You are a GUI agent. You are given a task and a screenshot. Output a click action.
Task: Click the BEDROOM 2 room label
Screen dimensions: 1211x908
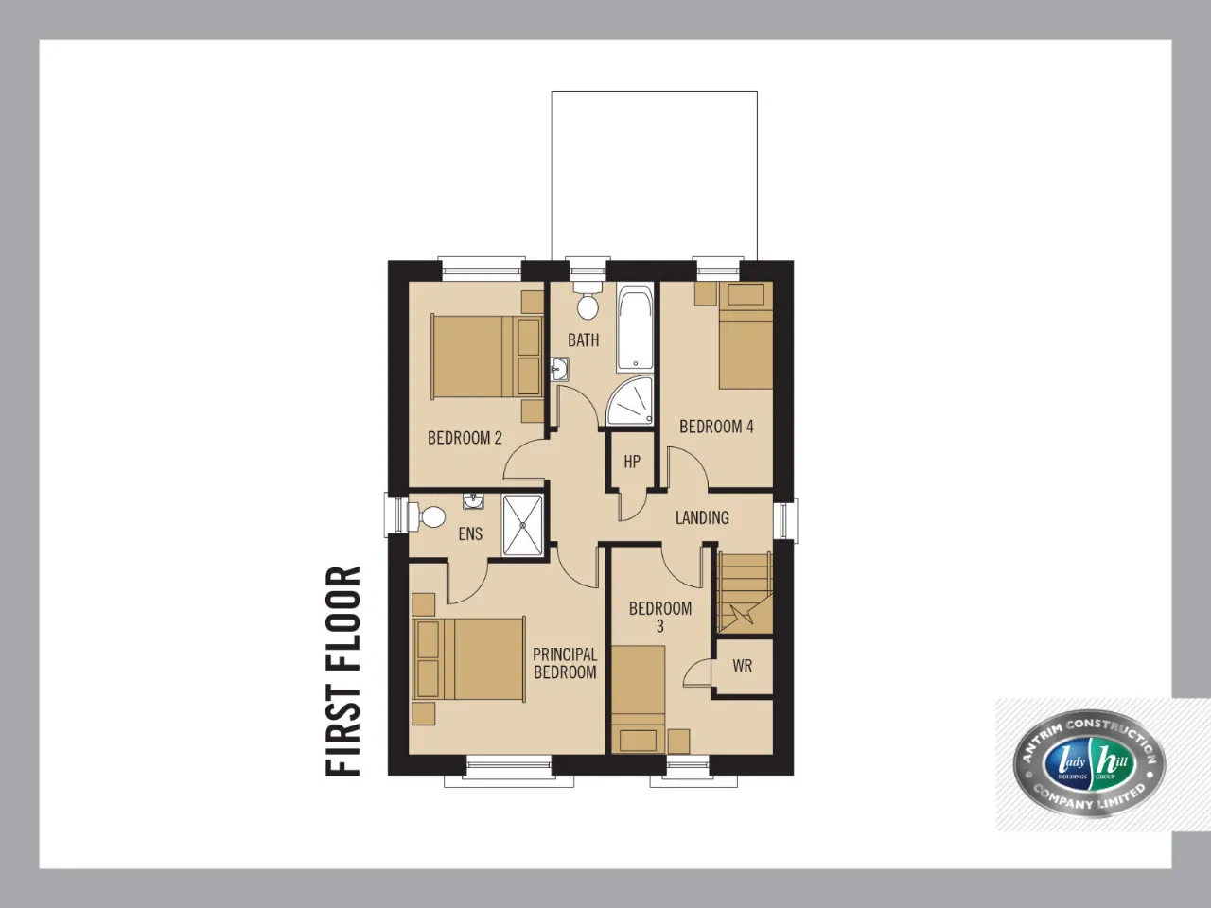(x=465, y=438)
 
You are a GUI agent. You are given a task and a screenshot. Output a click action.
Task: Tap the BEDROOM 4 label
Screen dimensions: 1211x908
(x=716, y=427)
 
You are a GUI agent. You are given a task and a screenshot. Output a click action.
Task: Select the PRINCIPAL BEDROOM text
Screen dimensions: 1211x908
(x=565, y=663)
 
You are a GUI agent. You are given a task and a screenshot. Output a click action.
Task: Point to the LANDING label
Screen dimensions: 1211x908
(x=702, y=517)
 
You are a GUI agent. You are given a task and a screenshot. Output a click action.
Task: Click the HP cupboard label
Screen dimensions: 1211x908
(x=632, y=462)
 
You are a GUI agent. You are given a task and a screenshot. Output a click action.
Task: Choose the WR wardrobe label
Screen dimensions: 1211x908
(x=742, y=666)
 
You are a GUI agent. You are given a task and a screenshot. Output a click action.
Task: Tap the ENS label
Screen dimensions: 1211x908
(x=470, y=533)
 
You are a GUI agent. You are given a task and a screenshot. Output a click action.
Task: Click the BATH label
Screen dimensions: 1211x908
(x=583, y=340)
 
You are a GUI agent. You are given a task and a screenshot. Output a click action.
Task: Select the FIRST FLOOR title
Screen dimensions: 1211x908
(x=342, y=671)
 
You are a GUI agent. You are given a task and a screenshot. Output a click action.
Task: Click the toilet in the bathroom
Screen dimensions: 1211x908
(x=587, y=301)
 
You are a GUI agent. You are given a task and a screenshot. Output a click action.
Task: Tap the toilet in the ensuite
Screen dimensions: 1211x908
(x=427, y=517)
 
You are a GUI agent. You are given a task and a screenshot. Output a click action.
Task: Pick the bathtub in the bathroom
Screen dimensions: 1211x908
(x=635, y=327)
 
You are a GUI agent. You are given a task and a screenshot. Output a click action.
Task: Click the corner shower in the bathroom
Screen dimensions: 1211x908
(x=631, y=401)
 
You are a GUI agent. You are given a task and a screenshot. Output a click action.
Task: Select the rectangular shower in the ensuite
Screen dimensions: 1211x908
(x=522, y=525)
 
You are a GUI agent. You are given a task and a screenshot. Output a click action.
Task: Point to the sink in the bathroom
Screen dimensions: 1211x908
(x=560, y=369)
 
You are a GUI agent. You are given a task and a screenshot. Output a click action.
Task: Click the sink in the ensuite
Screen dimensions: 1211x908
(x=473, y=500)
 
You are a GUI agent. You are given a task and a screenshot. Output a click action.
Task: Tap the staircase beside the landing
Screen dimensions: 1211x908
(x=745, y=593)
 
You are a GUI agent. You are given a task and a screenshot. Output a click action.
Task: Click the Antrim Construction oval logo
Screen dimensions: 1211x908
(x=1089, y=764)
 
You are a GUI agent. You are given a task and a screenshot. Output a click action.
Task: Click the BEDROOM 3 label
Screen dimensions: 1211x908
(x=660, y=618)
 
